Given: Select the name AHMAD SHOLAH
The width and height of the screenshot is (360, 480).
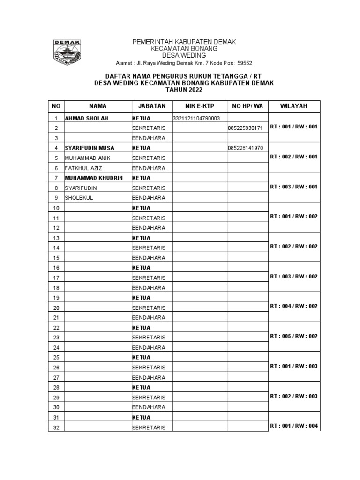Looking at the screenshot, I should [x=86, y=119].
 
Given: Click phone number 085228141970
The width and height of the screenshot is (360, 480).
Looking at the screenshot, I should [x=245, y=148].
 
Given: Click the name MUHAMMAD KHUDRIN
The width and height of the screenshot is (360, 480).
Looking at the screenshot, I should [x=94, y=178].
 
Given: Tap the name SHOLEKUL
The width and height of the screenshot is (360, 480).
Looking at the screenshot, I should [x=79, y=198].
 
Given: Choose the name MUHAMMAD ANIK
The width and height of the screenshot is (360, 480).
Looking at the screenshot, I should [x=88, y=158].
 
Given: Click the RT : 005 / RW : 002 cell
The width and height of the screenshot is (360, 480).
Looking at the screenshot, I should [x=294, y=336].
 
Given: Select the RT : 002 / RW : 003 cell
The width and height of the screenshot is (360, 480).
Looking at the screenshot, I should [x=294, y=396].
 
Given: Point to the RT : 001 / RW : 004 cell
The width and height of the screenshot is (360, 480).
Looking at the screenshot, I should [x=294, y=426].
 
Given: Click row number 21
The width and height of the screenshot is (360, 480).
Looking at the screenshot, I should [x=56, y=317].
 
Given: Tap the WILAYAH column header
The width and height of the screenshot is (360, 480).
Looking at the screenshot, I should [x=294, y=106].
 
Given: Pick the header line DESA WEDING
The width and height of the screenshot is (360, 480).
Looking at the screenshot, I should [x=184, y=55].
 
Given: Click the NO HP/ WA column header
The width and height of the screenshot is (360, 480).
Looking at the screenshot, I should [x=247, y=106].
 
